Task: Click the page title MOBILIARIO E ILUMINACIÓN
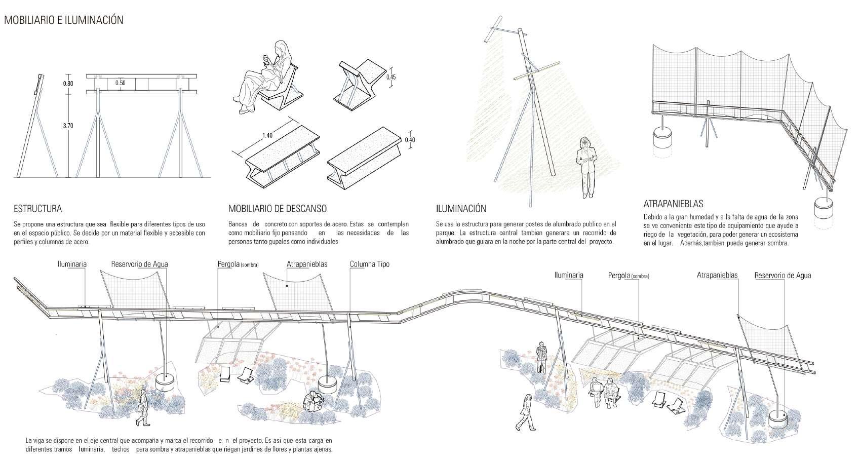click(63, 21)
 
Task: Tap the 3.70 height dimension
click(68, 126)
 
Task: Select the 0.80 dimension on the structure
click(68, 84)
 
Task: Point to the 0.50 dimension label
click(120, 83)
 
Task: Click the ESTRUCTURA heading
click(38, 209)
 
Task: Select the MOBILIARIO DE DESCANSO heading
click(277, 209)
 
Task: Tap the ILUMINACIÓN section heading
click(461, 209)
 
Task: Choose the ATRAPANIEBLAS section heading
click(673, 204)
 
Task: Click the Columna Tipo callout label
click(370, 264)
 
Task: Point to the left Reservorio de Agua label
click(140, 264)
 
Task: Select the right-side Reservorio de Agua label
click(782, 276)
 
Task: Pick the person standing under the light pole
click(586, 167)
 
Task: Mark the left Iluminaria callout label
click(72, 264)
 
